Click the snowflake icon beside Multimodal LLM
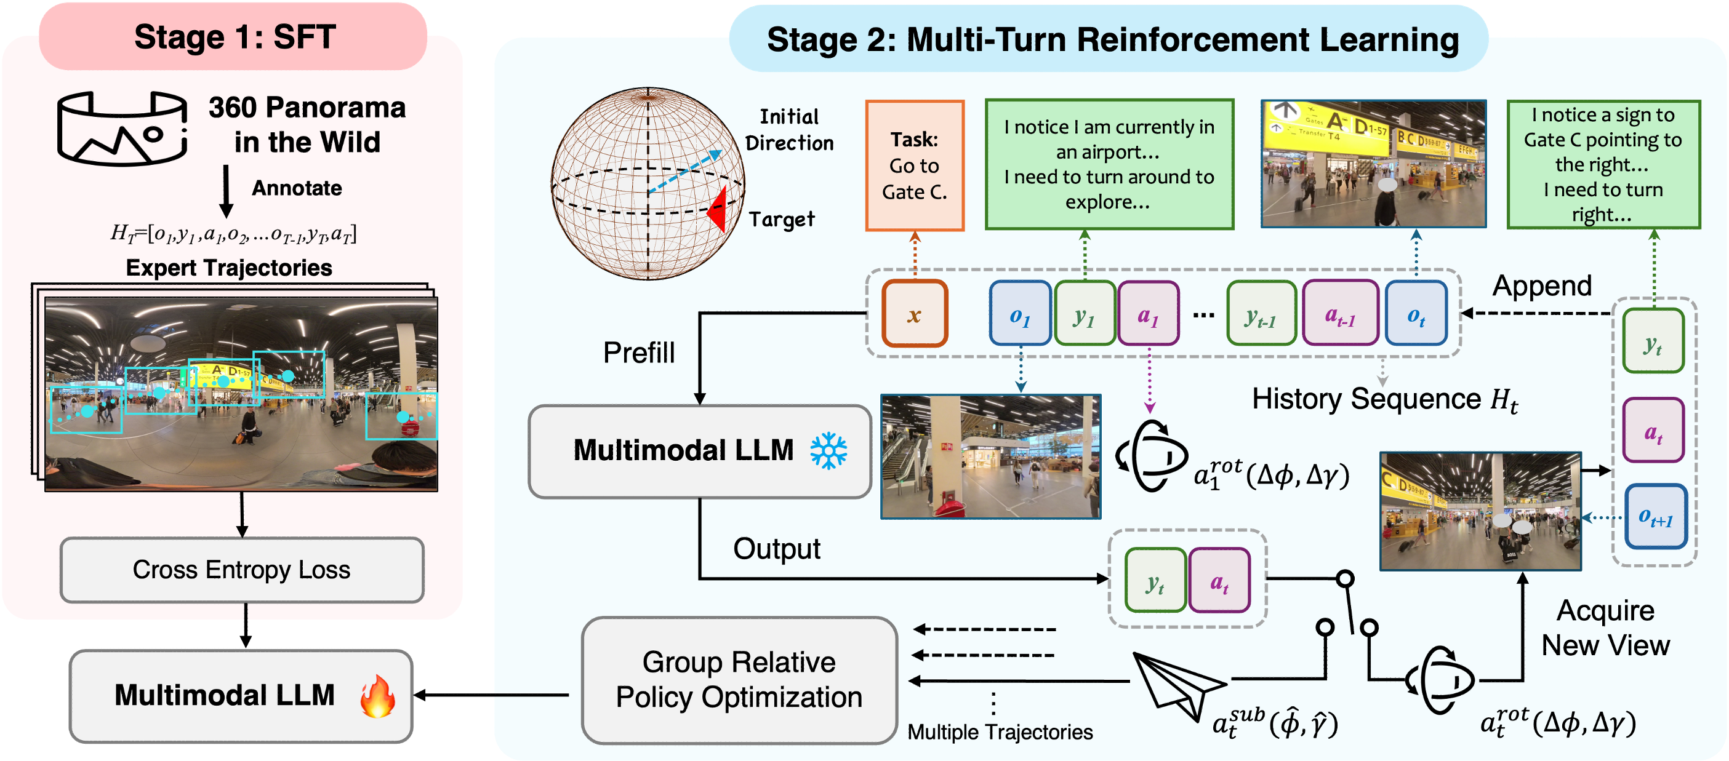828,451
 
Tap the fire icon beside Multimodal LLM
377,696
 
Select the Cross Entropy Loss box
242,570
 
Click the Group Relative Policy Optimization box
739,680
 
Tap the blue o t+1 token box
1655,516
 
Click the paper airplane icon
1176,685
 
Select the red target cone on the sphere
718,209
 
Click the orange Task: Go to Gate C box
914,165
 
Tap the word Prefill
638,353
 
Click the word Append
1542,287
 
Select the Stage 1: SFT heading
235,37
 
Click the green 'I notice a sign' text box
1603,164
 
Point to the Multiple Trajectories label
1000,731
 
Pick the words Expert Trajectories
229,268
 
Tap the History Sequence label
1384,399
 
